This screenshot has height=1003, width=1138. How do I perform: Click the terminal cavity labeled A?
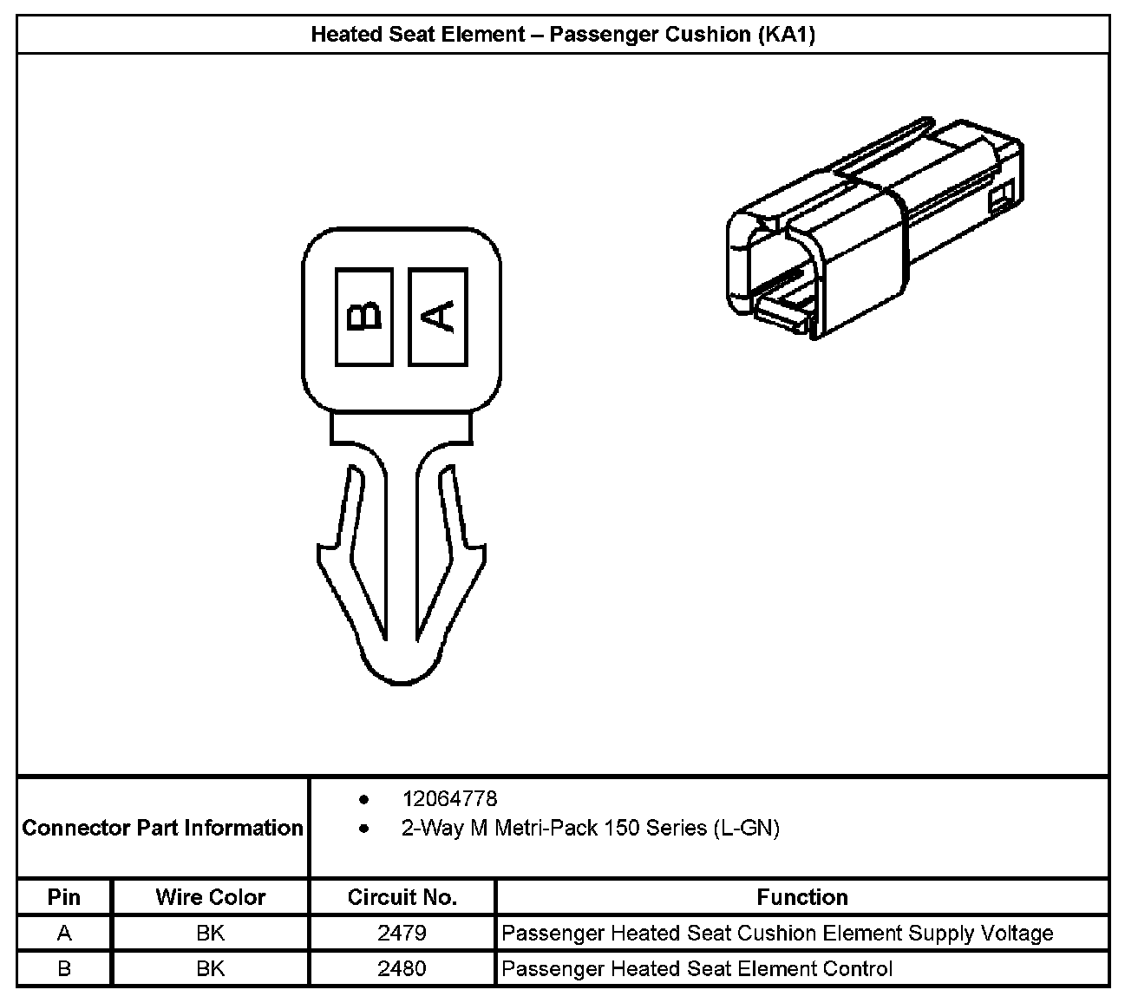pyautogui.click(x=438, y=316)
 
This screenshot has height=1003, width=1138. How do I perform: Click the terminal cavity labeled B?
pyautogui.click(x=364, y=316)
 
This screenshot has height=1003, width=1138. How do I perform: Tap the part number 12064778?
pyautogui.click(x=449, y=798)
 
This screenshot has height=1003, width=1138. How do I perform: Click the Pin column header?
pyautogui.click(x=64, y=897)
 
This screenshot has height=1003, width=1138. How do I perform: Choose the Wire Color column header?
pyautogui.click(x=210, y=897)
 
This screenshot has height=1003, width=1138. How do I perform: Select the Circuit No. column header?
pyautogui.click(x=402, y=897)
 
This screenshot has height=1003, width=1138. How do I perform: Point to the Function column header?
pyautogui.click(x=802, y=897)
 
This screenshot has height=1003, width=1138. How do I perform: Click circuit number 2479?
pyautogui.click(x=402, y=934)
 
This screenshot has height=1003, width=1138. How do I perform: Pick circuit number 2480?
pyautogui.click(x=402, y=968)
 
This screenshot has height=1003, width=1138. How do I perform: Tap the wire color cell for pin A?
pyautogui.click(x=210, y=934)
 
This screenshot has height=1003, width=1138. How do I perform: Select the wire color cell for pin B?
pyautogui.click(x=210, y=968)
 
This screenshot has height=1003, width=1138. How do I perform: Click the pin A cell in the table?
pyautogui.click(x=64, y=934)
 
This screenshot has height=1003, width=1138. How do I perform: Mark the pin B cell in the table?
pyautogui.click(x=64, y=968)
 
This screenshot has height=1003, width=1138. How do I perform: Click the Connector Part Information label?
pyautogui.click(x=162, y=828)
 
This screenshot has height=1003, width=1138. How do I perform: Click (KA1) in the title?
pyautogui.click(x=786, y=35)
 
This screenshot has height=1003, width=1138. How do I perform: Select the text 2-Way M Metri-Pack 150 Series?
pyautogui.click(x=555, y=829)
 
